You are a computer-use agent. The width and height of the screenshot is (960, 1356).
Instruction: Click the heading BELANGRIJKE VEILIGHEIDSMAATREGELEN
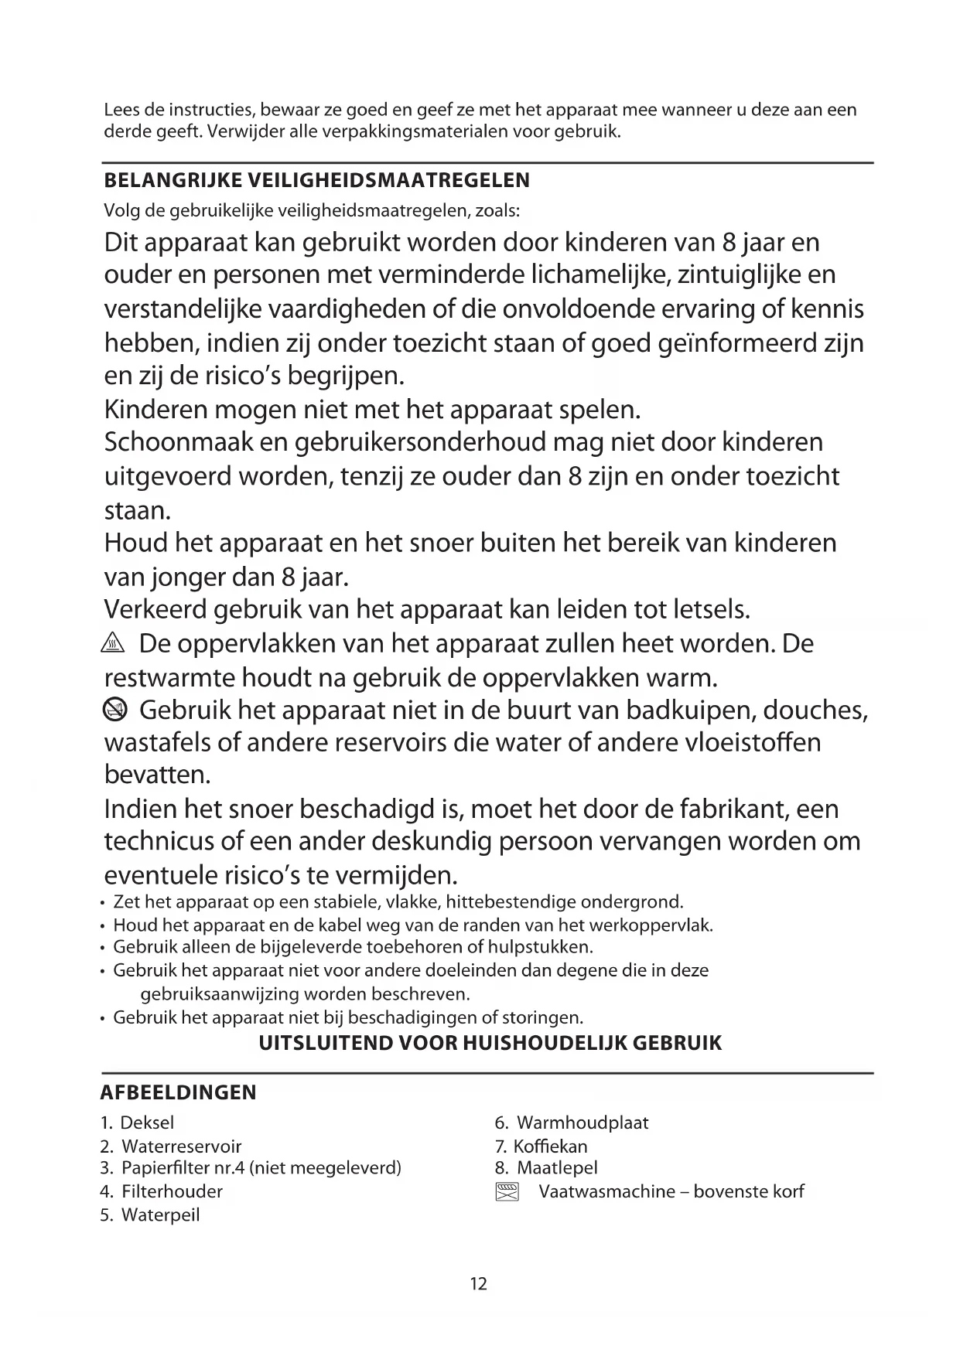click(316, 181)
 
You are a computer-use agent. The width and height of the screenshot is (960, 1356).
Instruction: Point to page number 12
click(479, 1284)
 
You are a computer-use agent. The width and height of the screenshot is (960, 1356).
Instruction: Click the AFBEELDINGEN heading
click(179, 1092)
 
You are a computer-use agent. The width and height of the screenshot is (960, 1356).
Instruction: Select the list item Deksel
click(147, 1123)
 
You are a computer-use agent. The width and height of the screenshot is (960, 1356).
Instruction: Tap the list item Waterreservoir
click(181, 1146)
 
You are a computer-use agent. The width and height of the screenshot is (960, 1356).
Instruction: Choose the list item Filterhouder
click(172, 1191)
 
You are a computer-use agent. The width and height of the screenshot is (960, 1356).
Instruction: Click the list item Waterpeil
click(160, 1215)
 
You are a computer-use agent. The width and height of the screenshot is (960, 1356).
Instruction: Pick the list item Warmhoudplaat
click(582, 1123)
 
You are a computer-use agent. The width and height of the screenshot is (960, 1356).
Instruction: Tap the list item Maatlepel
click(557, 1168)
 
